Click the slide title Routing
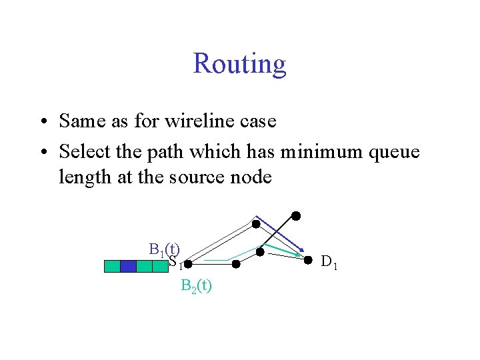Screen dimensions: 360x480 coord(239,64)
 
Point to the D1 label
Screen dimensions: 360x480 coord(329,261)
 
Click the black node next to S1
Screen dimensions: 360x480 coord(188,265)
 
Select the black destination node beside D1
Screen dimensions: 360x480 coord(308,259)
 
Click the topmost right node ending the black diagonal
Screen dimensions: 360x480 coord(295,215)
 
